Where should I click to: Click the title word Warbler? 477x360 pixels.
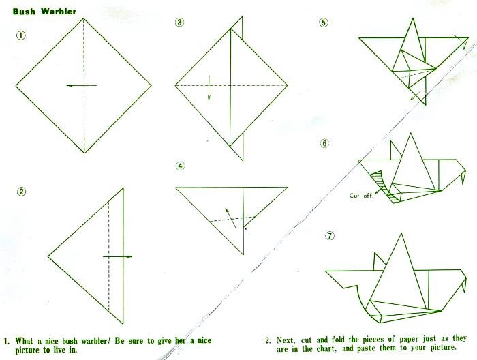[x=59, y=12]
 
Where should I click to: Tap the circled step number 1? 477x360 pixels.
[x=21, y=35]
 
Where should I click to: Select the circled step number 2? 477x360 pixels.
[x=21, y=192]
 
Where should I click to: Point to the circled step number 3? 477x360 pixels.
[x=180, y=22]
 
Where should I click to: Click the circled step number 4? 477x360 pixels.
[x=180, y=166]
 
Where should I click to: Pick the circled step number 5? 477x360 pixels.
[x=324, y=22]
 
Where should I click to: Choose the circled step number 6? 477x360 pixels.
[x=325, y=143]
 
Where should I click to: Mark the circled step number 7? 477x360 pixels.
[x=330, y=235]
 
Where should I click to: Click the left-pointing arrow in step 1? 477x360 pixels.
[x=82, y=85]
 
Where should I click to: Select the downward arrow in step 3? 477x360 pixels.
[x=209, y=88]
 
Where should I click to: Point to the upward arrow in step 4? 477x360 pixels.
[x=230, y=218]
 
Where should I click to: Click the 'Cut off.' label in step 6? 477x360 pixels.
[x=361, y=196]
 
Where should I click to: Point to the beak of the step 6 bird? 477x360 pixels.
[x=463, y=177]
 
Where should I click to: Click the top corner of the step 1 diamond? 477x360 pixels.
[x=84, y=18]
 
